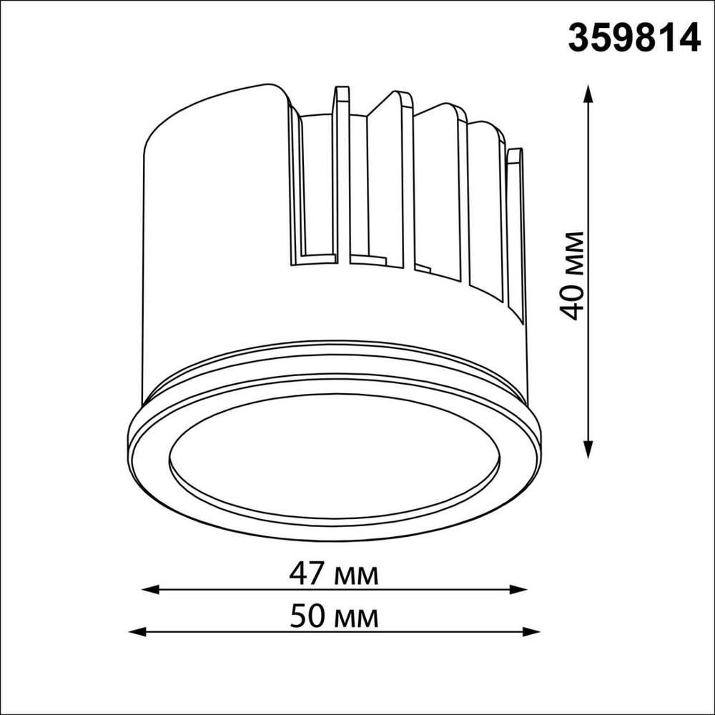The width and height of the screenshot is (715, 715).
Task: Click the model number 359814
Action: coord(633,38)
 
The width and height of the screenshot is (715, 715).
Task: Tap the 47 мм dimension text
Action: coord(334,574)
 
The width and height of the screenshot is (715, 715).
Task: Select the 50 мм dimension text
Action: coord(334,616)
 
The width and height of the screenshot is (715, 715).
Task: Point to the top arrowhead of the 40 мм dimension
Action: coord(588,93)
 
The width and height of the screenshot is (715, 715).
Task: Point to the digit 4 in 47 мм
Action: coord(300,574)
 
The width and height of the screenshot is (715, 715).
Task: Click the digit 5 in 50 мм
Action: coord(300,616)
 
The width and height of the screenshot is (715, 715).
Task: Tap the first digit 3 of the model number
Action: coord(579,38)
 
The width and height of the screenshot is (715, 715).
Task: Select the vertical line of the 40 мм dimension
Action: coord(588,179)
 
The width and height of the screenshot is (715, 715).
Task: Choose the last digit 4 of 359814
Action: coord(689,38)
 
